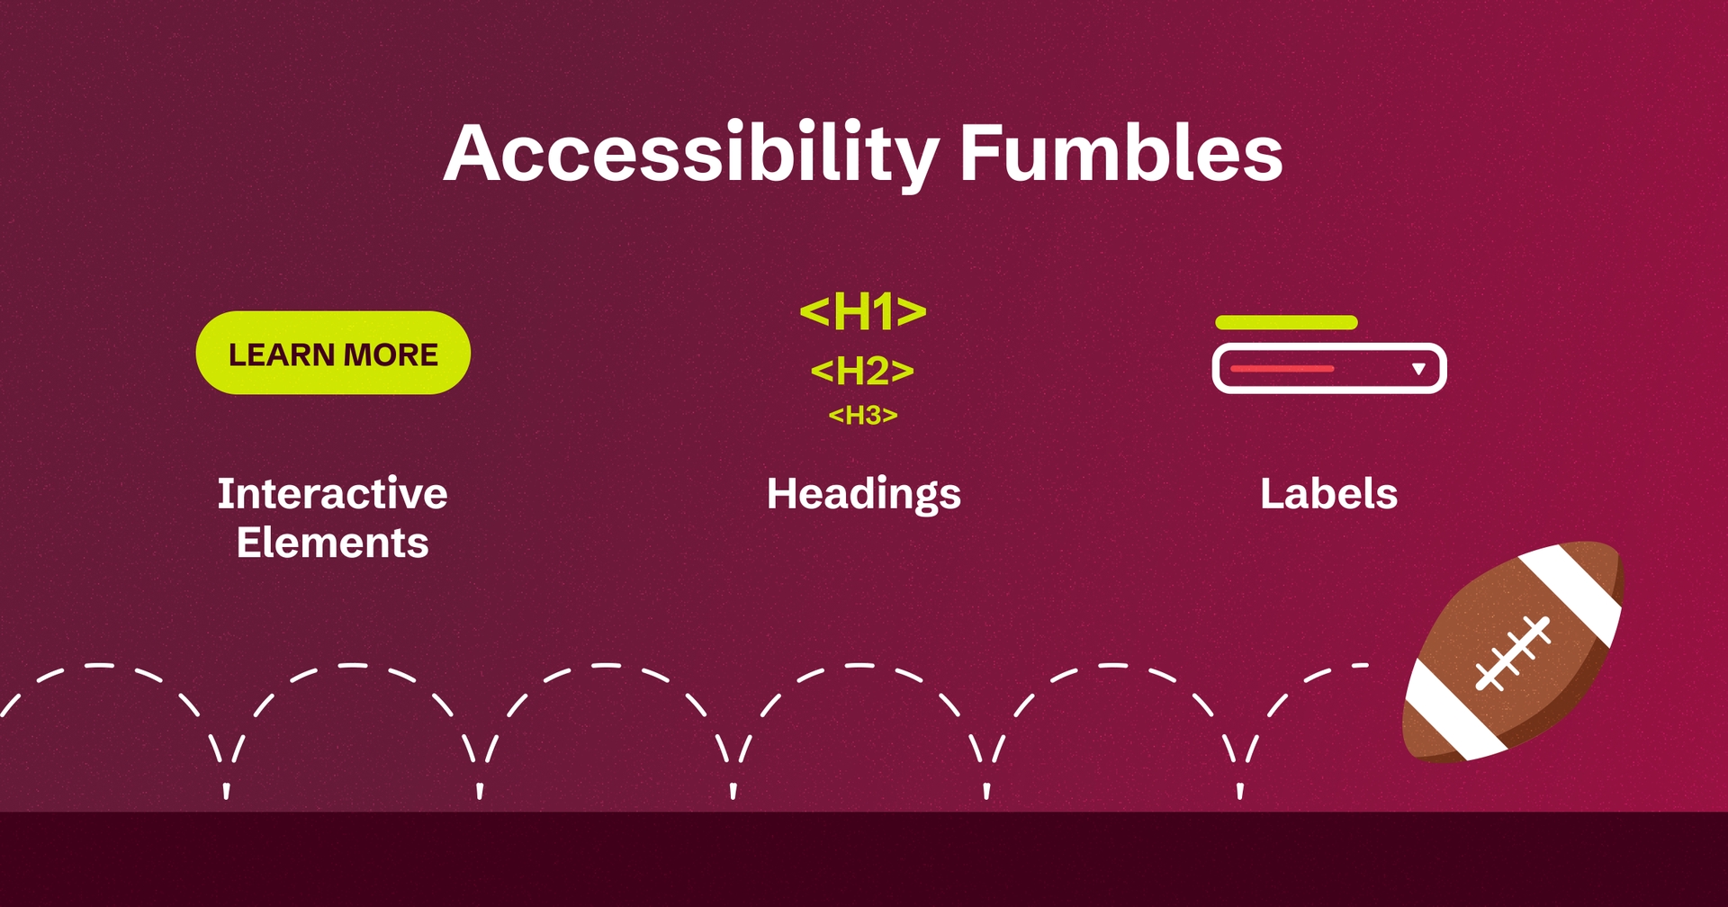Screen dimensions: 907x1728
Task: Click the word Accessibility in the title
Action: [691, 155]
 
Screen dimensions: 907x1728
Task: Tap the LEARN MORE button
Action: [333, 354]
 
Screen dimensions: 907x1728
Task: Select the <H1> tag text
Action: [862, 312]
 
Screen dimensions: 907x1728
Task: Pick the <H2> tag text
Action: [862, 371]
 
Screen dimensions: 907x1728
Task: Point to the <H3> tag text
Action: [862, 416]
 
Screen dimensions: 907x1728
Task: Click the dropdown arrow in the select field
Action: [1418, 369]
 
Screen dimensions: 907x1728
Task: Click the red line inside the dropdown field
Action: [1282, 369]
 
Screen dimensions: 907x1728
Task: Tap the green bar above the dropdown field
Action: [1285, 322]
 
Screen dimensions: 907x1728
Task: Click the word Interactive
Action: [332, 494]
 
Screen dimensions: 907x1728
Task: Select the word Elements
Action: [332, 543]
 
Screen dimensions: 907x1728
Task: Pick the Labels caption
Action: [1328, 494]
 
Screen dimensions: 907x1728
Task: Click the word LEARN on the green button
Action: [281, 355]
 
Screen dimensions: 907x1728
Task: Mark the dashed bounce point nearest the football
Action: [1240, 790]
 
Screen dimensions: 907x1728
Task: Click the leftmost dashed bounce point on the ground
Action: [227, 790]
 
